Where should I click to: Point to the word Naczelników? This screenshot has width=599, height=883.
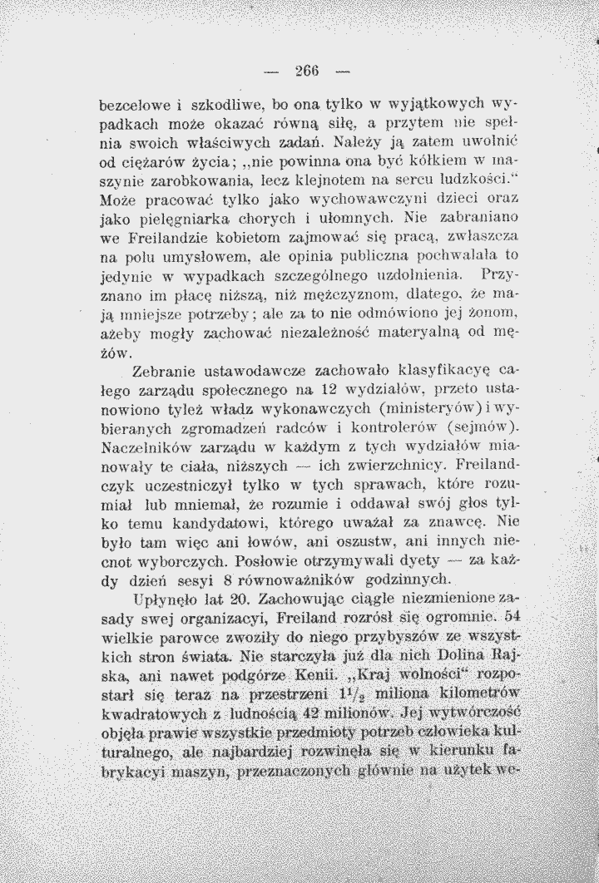[142, 450]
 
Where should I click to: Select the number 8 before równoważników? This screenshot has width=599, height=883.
[218, 588]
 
